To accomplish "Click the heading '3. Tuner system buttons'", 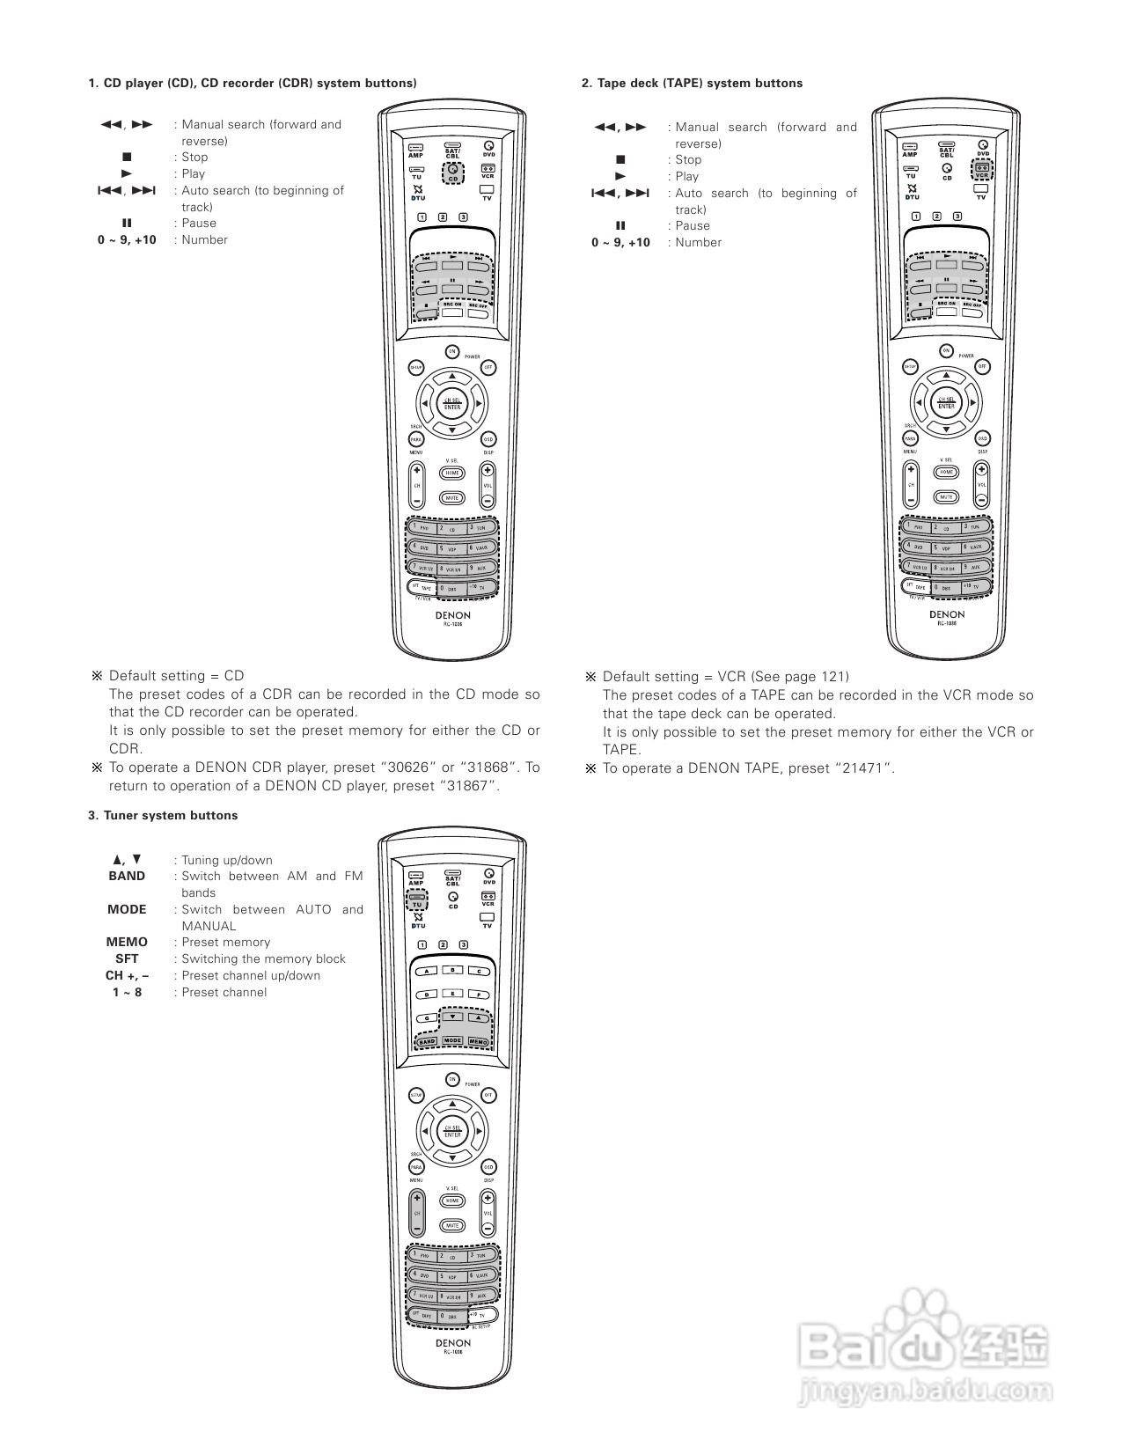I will (163, 815).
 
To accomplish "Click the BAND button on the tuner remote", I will (427, 1041).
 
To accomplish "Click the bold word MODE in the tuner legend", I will (127, 909).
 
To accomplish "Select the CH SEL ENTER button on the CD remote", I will (451, 404).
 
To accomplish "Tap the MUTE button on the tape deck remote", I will (946, 496).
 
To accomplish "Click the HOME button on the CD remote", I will (451, 473).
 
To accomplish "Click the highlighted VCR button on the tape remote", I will (981, 170).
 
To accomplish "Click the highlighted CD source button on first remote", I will (452, 172).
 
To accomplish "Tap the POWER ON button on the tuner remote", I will (452, 1079).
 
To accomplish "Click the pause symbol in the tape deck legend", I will (620, 225).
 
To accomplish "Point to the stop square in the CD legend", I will (127, 158).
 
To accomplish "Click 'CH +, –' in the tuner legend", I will (127, 975).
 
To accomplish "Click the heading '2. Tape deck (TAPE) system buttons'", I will (692, 83).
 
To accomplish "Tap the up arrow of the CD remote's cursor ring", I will (451, 377).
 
